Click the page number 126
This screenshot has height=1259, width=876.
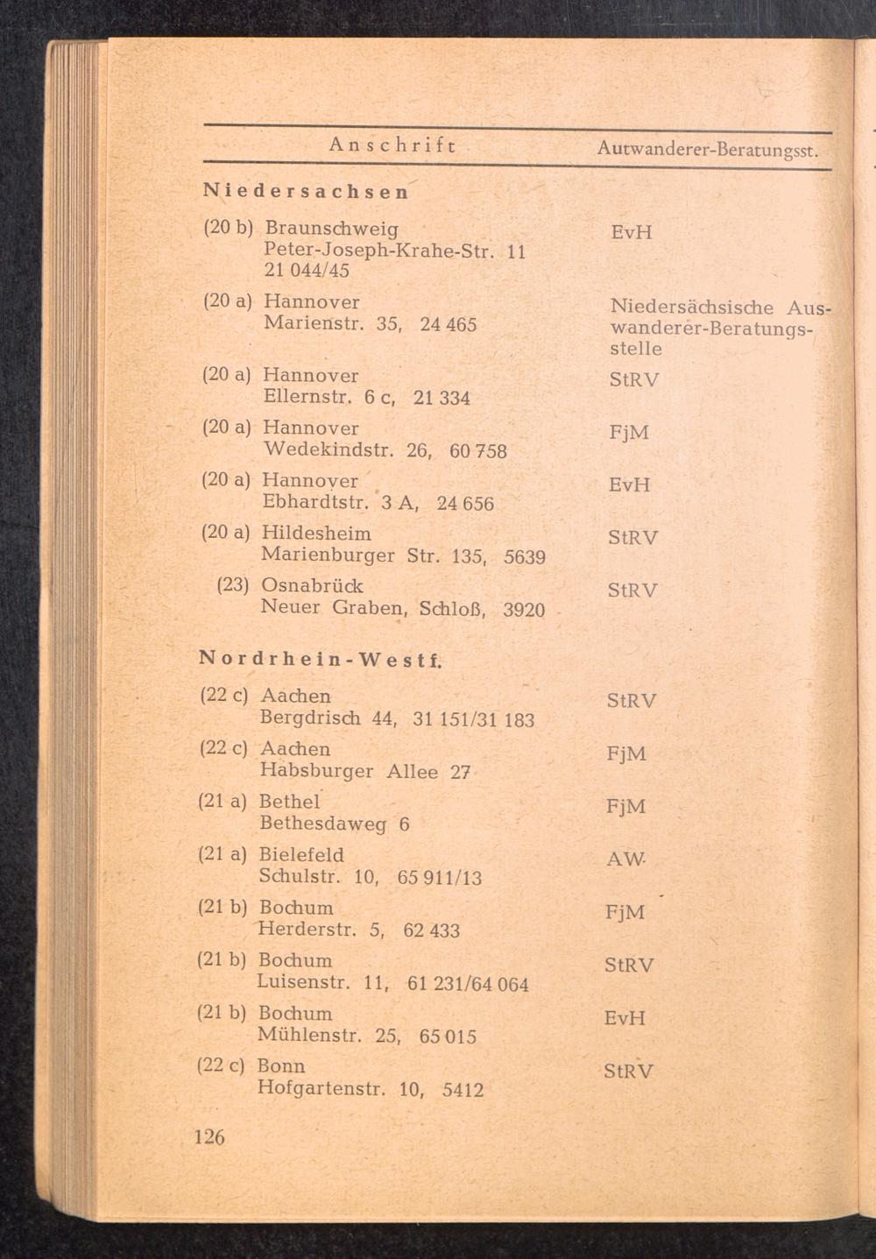(x=209, y=1136)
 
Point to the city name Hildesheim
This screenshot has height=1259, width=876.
(x=316, y=534)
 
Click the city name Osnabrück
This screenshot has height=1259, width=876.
(x=312, y=585)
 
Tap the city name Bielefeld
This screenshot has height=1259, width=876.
(x=301, y=854)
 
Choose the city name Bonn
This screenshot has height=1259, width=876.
(x=281, y=1066)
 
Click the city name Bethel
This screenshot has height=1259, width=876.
(x=290, y=801)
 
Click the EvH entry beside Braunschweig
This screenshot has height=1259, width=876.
(x=632, y=233)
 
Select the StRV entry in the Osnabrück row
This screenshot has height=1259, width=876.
(x=632, y=590)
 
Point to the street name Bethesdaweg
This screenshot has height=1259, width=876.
(x=323, y=824)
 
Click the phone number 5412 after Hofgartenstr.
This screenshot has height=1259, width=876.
(x=463, y=1091)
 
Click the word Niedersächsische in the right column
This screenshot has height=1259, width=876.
(x=691, y=308)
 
